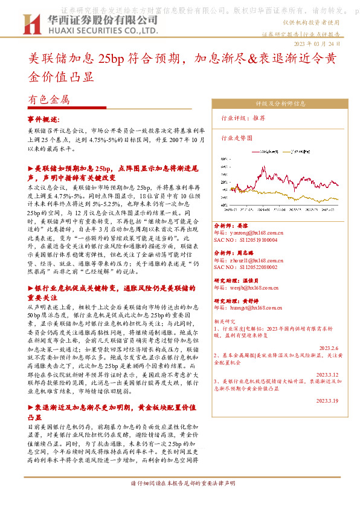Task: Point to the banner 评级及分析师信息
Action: pyautogui.click(x=282, y=104)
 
